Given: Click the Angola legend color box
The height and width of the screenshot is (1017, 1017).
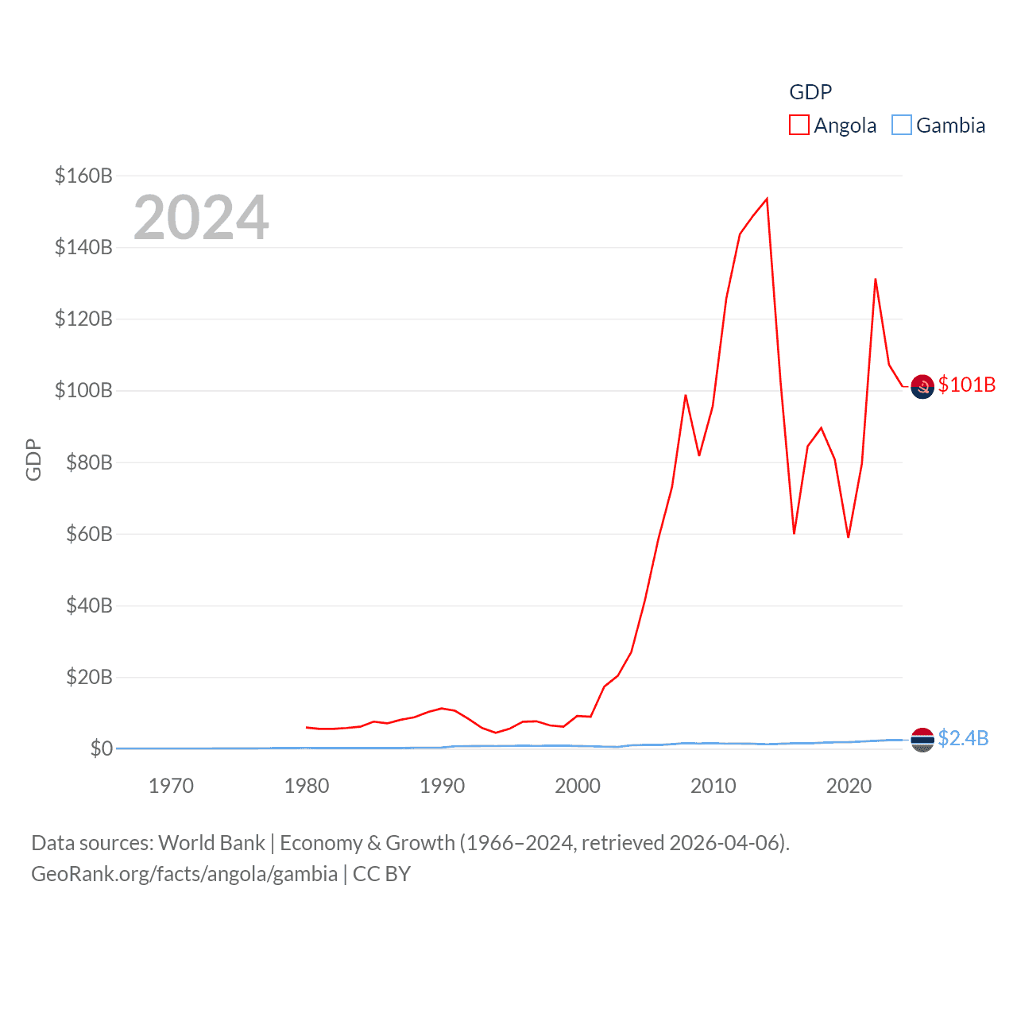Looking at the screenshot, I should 799,126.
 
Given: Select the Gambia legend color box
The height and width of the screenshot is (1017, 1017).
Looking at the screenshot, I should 901,126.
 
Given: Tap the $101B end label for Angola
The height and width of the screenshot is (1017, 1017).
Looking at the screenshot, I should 966,385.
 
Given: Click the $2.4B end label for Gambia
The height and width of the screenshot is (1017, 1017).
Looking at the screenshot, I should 963,738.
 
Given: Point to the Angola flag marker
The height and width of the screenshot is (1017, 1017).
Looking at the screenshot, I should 922,387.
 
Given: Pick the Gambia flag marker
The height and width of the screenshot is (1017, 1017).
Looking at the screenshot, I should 922,740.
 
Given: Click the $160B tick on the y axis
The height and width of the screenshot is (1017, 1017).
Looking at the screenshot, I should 83,176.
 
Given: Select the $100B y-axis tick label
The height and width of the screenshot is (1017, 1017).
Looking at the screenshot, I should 83,390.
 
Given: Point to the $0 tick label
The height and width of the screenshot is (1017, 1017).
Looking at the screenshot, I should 101,748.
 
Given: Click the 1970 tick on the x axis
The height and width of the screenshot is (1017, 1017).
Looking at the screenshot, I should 171,786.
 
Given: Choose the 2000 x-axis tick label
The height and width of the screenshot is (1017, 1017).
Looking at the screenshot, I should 578,786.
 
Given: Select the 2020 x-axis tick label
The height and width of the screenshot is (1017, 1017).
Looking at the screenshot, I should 849,786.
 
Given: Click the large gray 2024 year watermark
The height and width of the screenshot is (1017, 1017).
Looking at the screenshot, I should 201,218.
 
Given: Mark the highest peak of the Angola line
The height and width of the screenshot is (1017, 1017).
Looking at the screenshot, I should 767,199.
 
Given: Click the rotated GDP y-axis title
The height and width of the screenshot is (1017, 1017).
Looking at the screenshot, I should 33,459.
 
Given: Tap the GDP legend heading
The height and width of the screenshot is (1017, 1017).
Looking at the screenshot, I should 810,92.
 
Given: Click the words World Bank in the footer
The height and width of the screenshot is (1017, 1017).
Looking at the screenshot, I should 212,842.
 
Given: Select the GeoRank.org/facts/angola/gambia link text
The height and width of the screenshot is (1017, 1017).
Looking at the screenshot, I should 184,874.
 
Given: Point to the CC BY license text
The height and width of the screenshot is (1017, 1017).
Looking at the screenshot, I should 381,874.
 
